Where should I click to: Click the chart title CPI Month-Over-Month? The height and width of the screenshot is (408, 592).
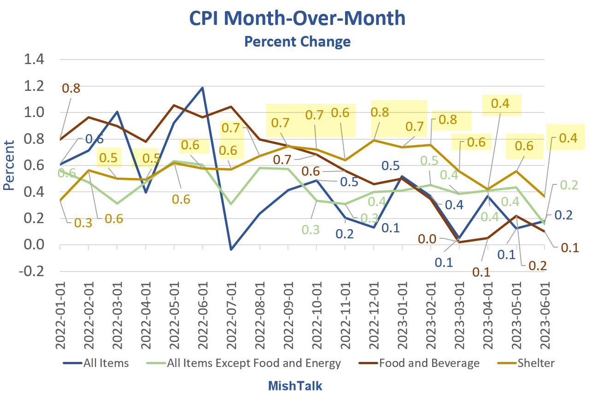297,19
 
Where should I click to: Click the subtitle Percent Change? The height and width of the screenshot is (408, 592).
297,42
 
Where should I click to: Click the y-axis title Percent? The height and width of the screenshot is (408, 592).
9,166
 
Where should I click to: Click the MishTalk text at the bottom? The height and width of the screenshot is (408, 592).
295,386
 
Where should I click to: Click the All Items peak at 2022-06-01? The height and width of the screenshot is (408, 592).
203,88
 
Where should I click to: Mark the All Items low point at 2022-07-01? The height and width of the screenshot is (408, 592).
231,249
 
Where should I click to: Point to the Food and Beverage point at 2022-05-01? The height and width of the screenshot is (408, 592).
174,106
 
